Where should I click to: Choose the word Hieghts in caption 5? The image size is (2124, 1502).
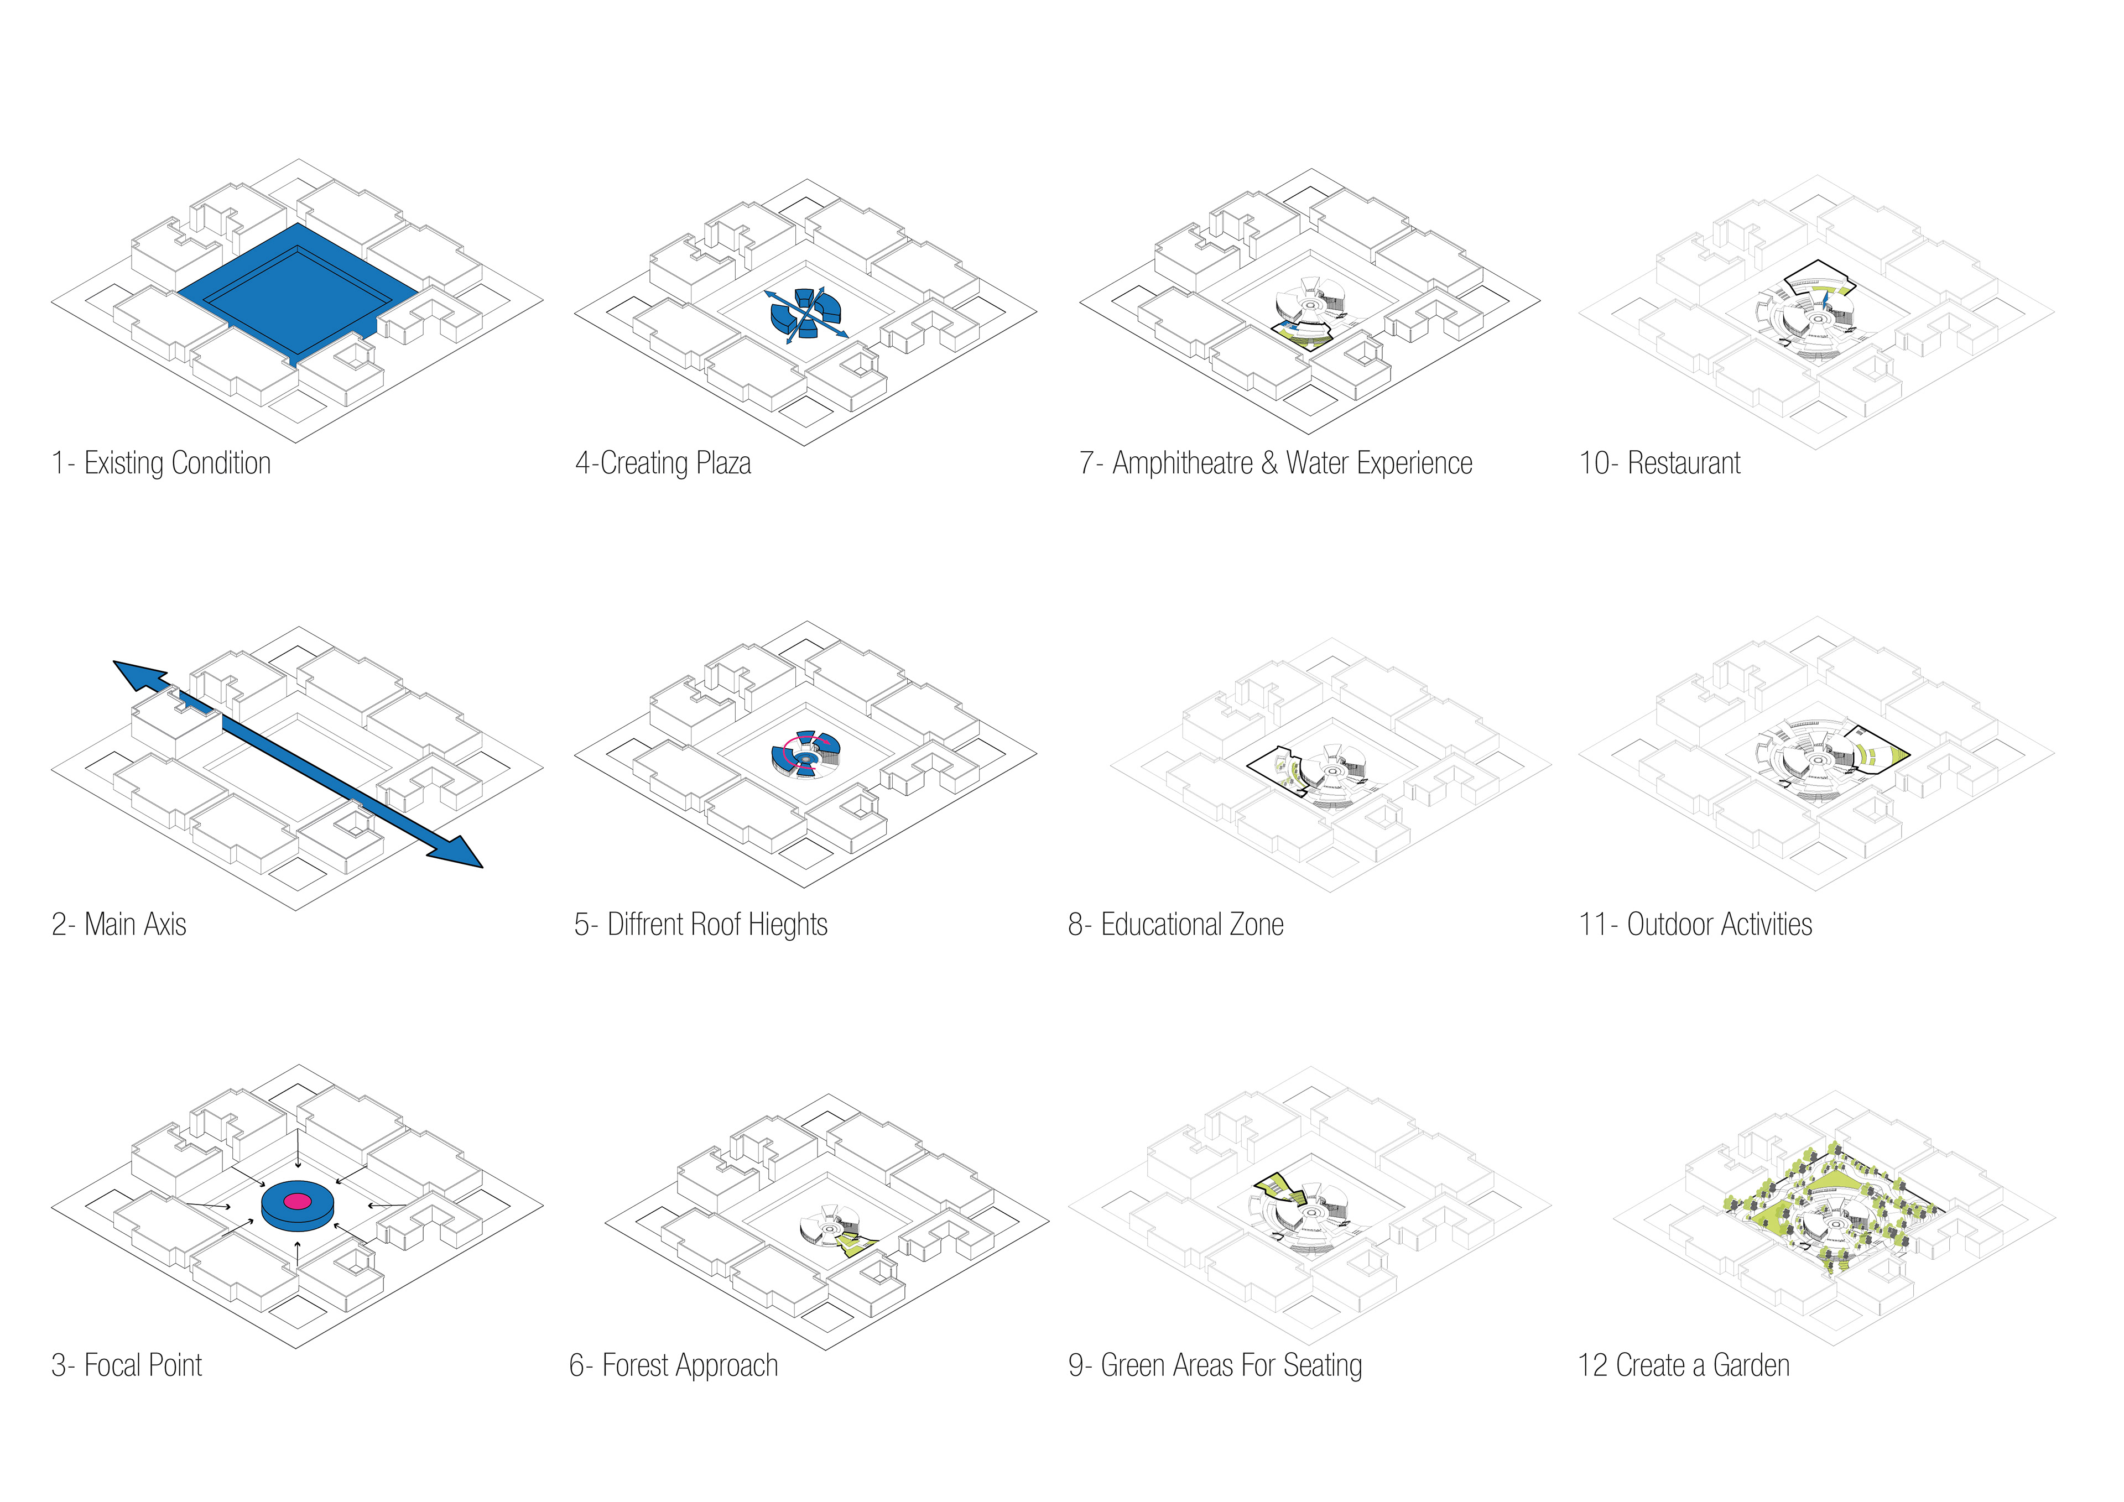click(x=787, y=925)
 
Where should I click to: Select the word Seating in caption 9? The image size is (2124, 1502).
click(x=1323, y=1366)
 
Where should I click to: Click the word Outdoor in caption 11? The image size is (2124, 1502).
click(x=1667, y=924)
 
